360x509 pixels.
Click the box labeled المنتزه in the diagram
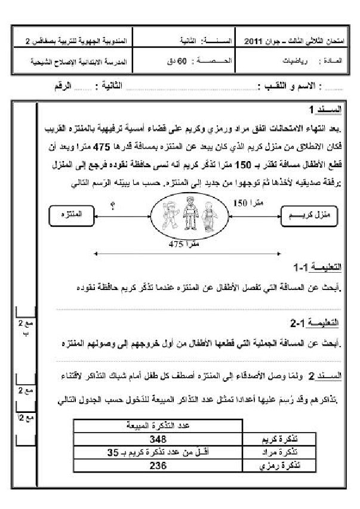(x=66, y=213)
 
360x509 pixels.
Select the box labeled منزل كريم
(x=309, y=213)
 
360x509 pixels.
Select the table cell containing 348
(x=158, y=440)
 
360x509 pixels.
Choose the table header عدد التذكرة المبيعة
(x=158, y=425)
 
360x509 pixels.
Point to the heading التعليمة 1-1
(x=318, y=266)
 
